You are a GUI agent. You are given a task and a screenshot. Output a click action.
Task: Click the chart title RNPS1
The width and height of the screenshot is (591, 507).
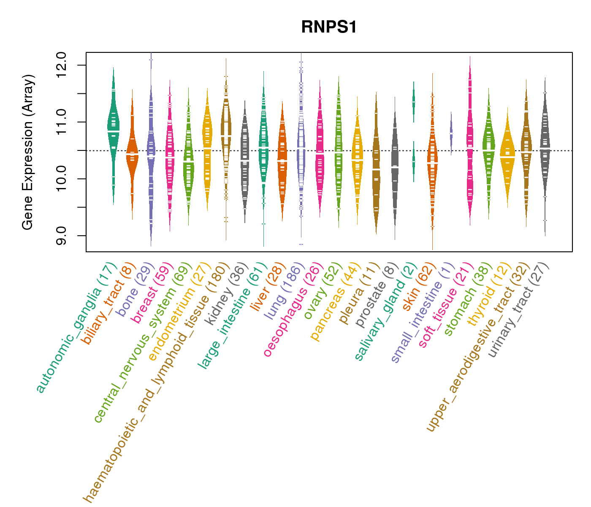pos(329,27)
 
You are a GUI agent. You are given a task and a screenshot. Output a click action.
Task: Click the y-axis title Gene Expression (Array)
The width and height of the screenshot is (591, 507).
pos(28,152)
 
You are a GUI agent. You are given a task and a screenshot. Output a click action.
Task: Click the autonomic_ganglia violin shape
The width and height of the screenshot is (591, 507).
pos(113,127)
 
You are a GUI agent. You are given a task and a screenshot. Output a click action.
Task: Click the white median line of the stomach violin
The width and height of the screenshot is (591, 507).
pos(488,150)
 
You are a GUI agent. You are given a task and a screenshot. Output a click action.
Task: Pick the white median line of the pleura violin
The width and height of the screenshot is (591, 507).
pos(376,169)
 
